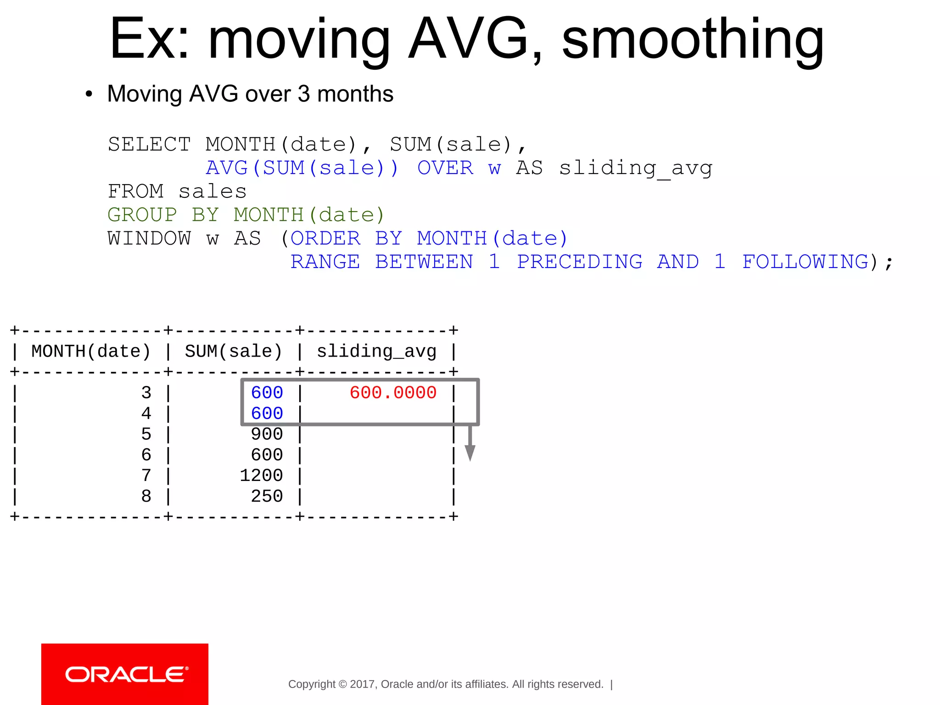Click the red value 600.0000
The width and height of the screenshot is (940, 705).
393,393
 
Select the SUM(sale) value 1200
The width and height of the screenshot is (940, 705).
261,476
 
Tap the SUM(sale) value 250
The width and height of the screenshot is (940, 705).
267,496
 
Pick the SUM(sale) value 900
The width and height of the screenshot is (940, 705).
267,434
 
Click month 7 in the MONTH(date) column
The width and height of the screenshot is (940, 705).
146,476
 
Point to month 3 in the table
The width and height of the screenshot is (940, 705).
146,393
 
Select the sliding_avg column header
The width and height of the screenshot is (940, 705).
376,352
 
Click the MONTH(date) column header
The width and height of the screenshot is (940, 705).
91,352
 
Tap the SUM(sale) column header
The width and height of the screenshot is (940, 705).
233,352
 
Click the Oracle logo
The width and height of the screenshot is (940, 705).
125,674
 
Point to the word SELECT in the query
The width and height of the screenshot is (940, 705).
149,145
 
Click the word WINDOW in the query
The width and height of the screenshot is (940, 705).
149,239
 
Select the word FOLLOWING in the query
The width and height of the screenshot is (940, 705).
806,262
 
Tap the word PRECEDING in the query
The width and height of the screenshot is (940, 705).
580,262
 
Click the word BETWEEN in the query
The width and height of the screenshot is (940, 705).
424,262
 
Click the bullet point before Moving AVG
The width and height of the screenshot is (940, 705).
89,94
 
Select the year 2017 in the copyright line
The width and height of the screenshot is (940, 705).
362,684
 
